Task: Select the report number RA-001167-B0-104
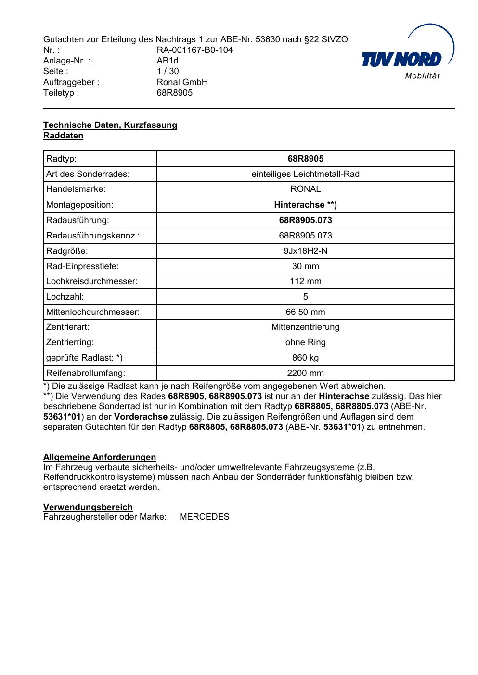tap(194, 50)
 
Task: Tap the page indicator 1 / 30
tap(168, 71)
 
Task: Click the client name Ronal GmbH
tap(182, 82)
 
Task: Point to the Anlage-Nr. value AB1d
tap(167, 61)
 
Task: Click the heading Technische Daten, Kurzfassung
tap(110, 125)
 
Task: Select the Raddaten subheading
tap(63, 136)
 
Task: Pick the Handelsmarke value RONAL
tap(305, 189)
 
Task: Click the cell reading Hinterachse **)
tap(305, 205)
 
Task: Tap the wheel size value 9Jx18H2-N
tap(305, 251)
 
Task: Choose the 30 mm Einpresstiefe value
tap(305, 266)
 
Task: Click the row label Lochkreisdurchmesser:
tap(91, 281)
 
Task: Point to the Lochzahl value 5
tap(305, 297)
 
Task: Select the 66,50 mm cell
tap(305, 312)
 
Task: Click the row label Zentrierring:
tap(70, 342)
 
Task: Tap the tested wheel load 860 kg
tap(305, 358)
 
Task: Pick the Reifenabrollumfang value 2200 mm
tap(305, 373)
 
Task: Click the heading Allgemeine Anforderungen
tap(100, 457)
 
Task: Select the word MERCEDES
tap(204, 517)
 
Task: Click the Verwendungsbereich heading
tap(88, 507)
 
